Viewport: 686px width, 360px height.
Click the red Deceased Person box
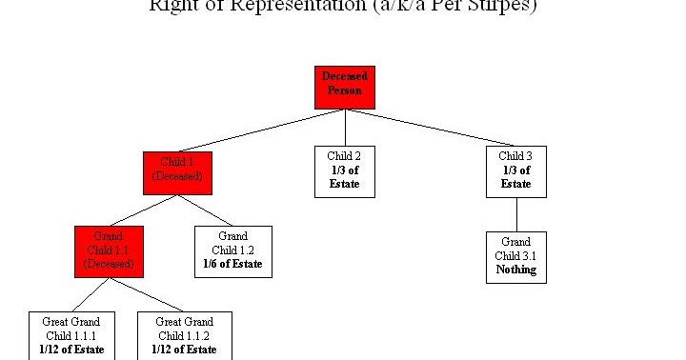pyautogui.click(x=345, y=87)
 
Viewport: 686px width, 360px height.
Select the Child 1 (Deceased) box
pyautogui.click(x=176, y=172)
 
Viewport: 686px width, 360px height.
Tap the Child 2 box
pyautogui.click(x=345, y=170)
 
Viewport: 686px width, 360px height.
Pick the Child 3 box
pyautogui.click(x=516, y=170)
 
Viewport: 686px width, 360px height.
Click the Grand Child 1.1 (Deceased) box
pyautogui.click(x=109, y=251)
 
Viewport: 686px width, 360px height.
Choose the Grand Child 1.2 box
pyautogui.click(x=233, y=251)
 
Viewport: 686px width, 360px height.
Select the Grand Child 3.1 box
pyautogui.click(x=516, y=256)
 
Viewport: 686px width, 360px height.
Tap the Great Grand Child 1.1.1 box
pyautogui.click(x=71, y=335)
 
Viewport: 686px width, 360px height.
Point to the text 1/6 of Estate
pyautogui.click(x=233, y=264)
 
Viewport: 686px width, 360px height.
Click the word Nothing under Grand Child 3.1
pyautogui.click(x=516, y=270)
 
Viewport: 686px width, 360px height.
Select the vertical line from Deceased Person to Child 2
pyautogui.click(x=345, y=127)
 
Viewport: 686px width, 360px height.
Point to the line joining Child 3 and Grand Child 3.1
pyautogui.click(x=516, y=214)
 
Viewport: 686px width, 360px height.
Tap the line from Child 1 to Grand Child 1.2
pyautogui.click(x=205, y=210)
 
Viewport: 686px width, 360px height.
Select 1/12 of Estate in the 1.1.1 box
pyautogui.click(x=71, y=350)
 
